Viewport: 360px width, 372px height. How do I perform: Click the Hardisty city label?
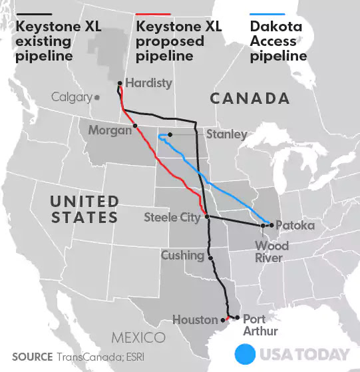click(x=148, y=83)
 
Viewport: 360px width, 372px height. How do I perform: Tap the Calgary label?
click(x=72, y=98)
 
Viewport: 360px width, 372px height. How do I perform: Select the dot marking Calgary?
click(x=97, y=97)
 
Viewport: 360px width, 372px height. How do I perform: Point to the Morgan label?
click(x=110, y=130)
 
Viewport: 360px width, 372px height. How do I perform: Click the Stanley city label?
click(x=227, y=135)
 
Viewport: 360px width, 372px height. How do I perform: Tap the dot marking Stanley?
click(x=170, y=135)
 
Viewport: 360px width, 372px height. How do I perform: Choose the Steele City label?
click(x=172, y=217)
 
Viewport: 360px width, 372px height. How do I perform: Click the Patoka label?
click(x=294, y=226)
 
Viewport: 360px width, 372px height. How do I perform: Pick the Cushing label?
click(x=182, y=256)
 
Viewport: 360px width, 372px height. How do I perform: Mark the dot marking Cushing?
click(x=211, y=258)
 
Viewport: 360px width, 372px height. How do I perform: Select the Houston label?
click(x=195, y=320)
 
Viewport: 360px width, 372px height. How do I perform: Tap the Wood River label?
click(x=273, y=252)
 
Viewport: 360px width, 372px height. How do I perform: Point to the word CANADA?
click(x=250, y=99)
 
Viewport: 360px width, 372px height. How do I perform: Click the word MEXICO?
click(x=138, y=337)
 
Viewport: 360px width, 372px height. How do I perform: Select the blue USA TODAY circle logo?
click(x=246, y=353)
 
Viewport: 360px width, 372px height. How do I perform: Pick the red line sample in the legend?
click(x=153, y=14)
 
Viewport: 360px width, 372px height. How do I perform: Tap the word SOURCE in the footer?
click(x=32, y=357)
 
